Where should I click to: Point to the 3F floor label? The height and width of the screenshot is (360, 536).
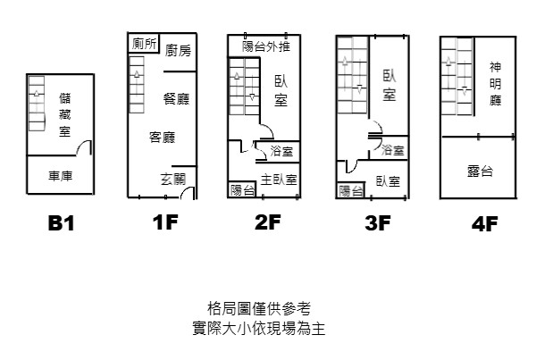pyautogui.click(x=378, y=223)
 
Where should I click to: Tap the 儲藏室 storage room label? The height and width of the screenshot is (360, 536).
pyautogui.click(x=65, y=113)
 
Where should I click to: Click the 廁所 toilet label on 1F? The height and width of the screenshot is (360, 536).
pyautogui.click(x=144, y=44)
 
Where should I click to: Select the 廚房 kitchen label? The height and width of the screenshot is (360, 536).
pyautogui.click(x=178, y=51)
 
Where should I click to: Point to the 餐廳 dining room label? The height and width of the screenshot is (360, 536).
pyautogui.click(x=176, y=98)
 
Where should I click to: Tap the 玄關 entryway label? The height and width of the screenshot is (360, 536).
pyautogui.click(x=172, y=179)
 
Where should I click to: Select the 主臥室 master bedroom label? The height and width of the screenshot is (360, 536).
pyautogui.click(x=279, y=179)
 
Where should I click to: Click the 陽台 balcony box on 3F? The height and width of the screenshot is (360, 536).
pyautogui.click(x=350, y=190)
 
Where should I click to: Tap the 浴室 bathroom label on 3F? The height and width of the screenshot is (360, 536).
pyautogui.click(x=392, y=150)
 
